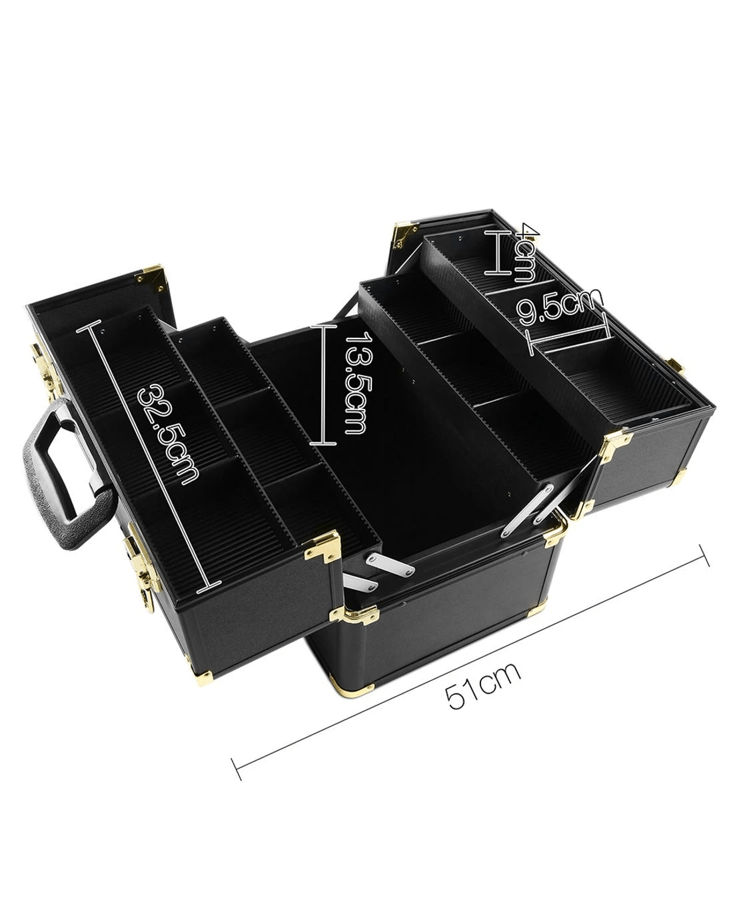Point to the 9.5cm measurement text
click(559, 306)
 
